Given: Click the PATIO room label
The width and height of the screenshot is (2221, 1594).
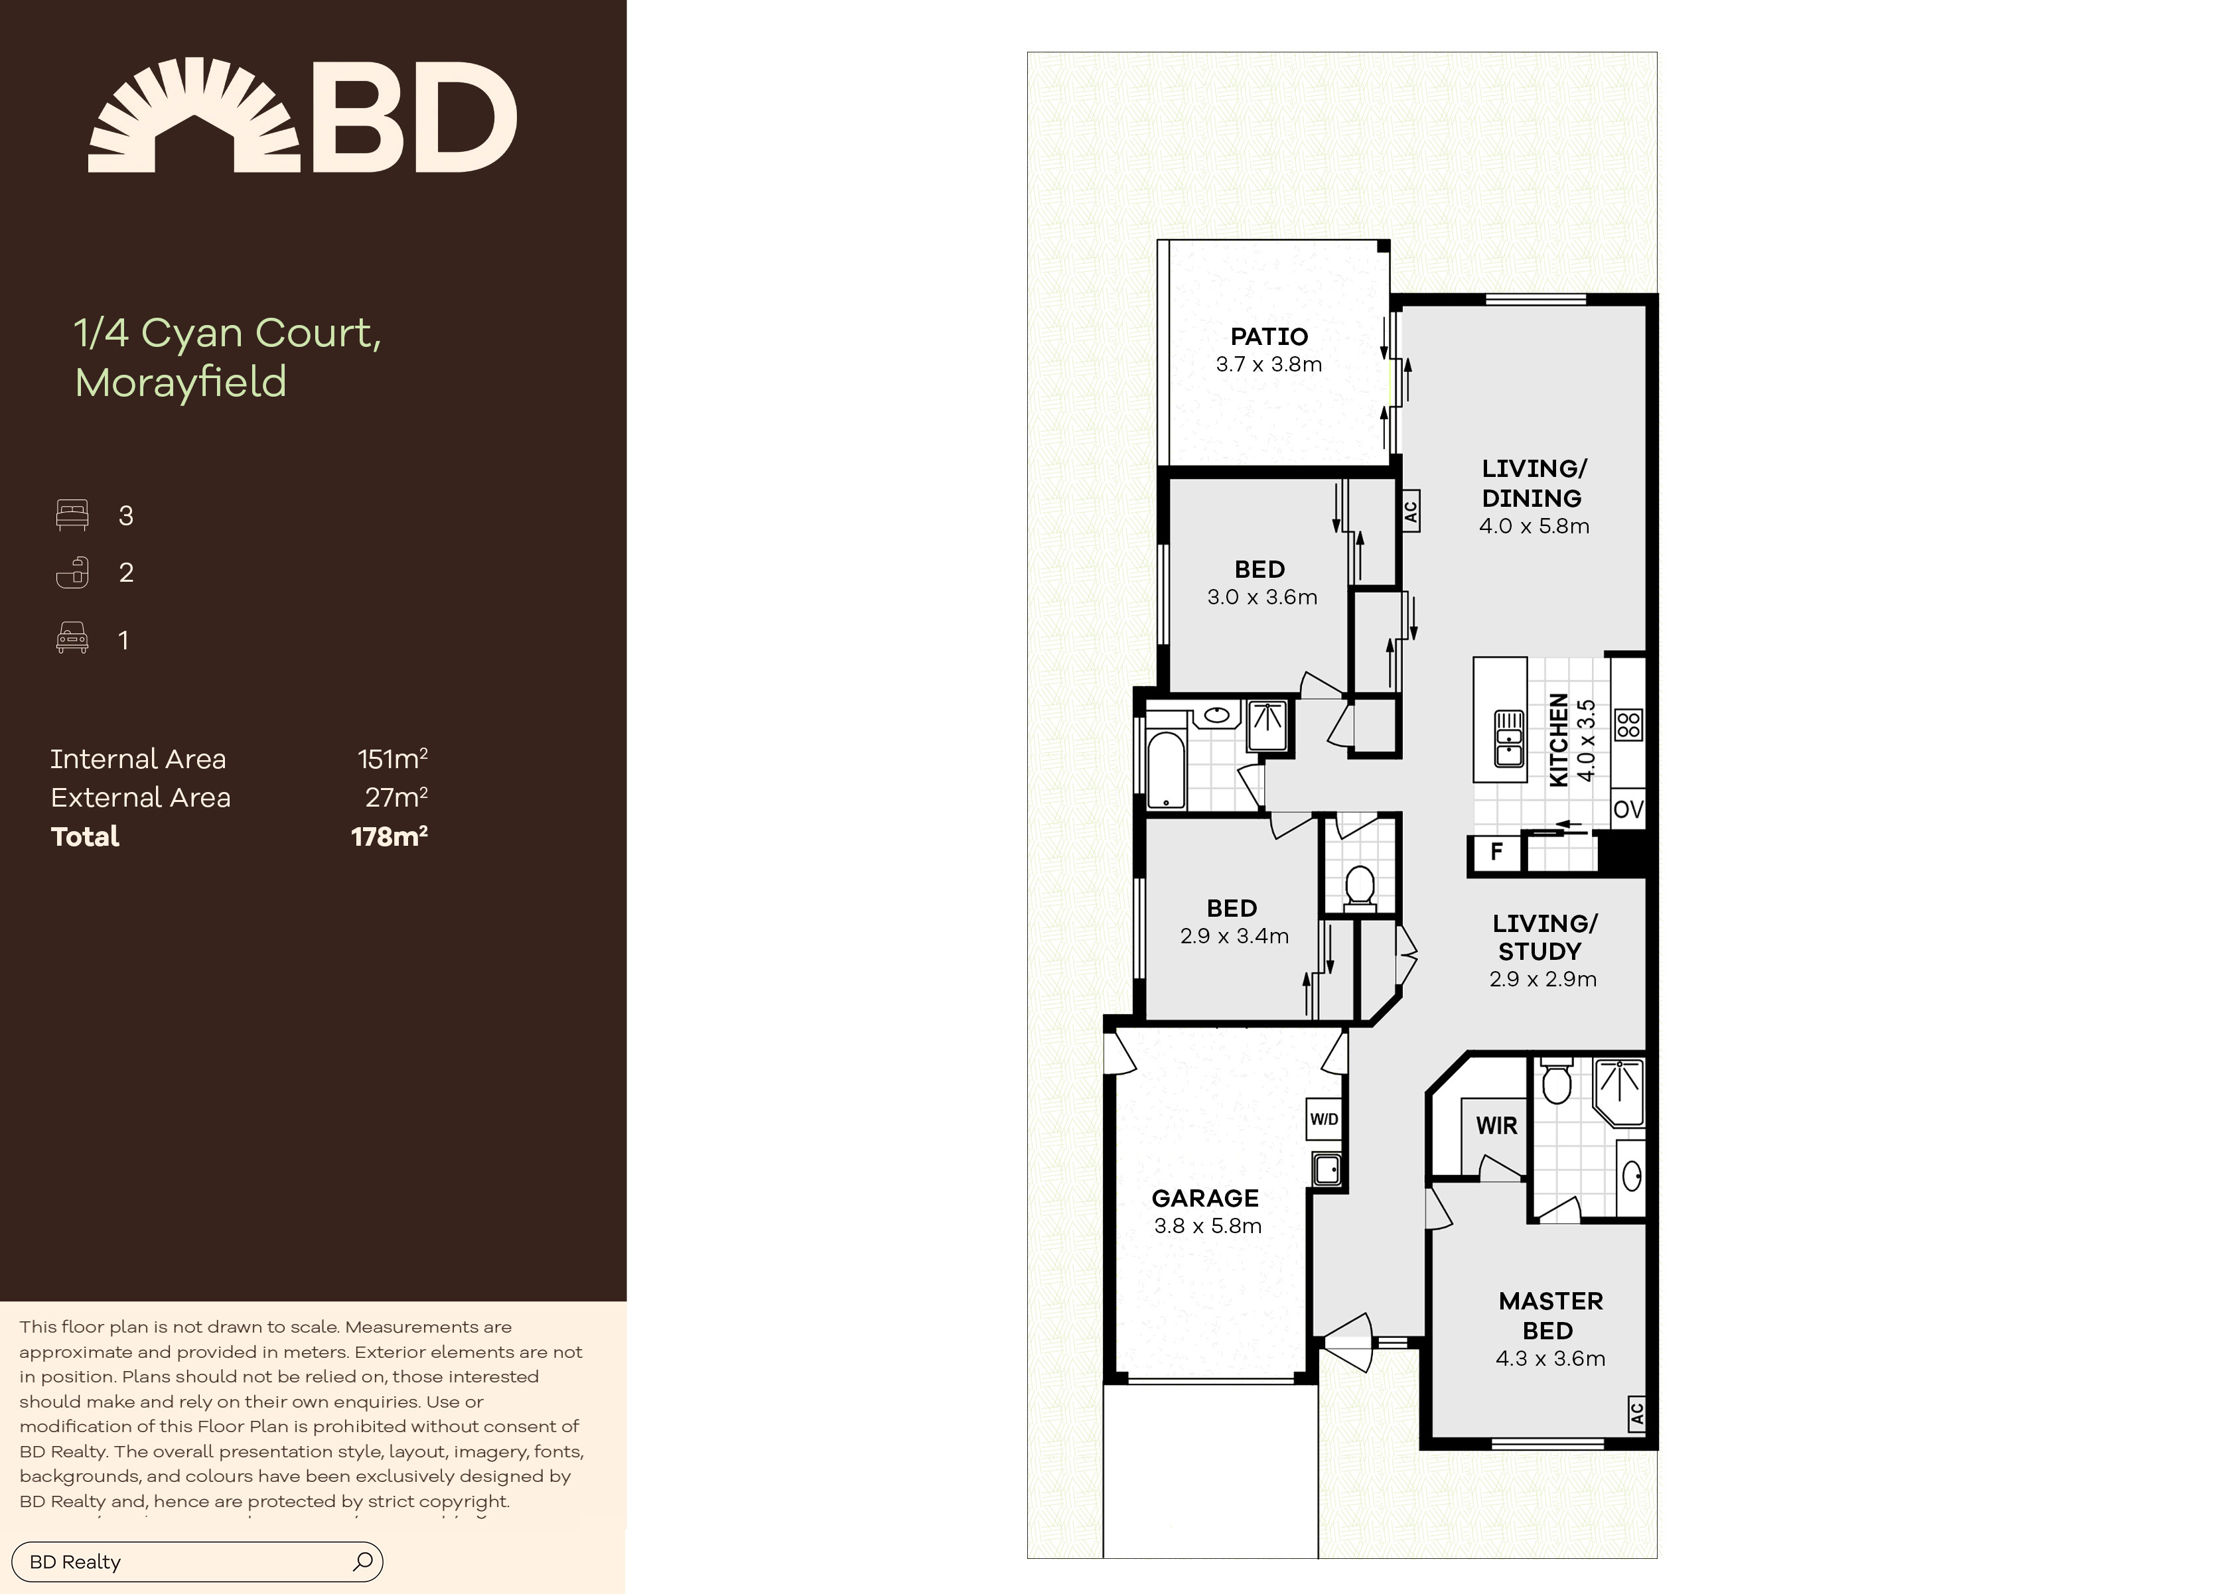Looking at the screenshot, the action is [1269, 337].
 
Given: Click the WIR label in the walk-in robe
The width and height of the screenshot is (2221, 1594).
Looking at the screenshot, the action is [1496, 1126].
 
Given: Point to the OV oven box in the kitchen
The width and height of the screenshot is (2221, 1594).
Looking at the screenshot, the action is [1628, 809].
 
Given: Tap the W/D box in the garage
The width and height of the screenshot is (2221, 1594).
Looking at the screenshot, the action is [1324, 1119].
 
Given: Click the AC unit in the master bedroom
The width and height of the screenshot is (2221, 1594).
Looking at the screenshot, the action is [1636, 1414].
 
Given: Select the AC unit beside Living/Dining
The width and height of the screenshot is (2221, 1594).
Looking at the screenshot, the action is [1410, 511].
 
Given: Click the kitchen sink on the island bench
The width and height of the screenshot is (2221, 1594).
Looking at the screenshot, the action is [1509, 739].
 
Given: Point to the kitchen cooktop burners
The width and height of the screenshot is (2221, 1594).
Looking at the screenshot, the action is [1628, 724].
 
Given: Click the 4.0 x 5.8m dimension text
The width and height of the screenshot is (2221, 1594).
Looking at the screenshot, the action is [1534, 526].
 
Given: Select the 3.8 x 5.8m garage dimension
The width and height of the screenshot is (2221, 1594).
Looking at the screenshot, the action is [1208, 1226].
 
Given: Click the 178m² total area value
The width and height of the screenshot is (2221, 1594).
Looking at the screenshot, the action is [390, 836].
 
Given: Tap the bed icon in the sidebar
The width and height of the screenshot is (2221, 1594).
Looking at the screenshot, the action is [72, 515].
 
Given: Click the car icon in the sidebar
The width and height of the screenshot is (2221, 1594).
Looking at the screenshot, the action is [72, 638].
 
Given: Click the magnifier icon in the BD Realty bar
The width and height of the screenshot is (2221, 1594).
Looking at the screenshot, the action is [362, 1561].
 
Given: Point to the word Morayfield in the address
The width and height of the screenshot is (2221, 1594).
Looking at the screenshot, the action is [181, 382].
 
